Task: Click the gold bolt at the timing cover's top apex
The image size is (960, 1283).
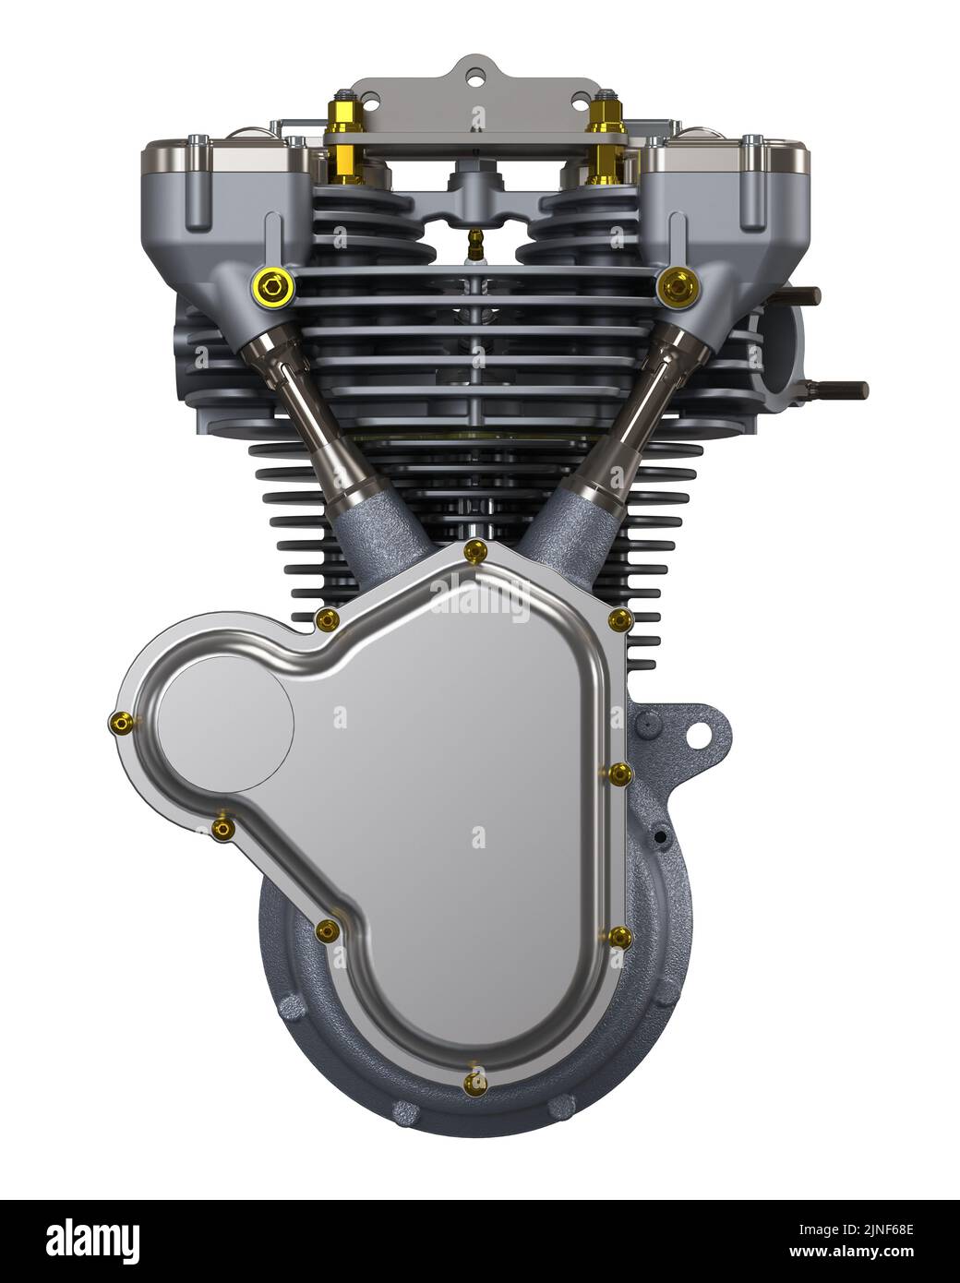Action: pyautogui.click(x=474, y=552)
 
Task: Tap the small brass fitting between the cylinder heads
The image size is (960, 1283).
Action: pyautogui.click(x=475, y=245)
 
